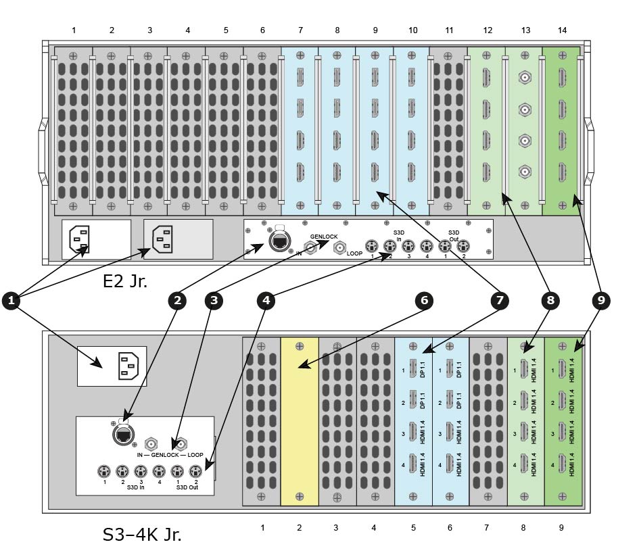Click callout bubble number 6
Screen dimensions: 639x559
424,301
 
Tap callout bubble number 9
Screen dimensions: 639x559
601,301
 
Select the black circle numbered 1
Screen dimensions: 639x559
11,301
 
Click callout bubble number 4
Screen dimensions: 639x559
266,301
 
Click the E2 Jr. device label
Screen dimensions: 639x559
124,281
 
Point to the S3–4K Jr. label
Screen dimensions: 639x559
142,534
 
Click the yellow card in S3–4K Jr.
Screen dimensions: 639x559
300,421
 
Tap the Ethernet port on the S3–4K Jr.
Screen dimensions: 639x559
124,435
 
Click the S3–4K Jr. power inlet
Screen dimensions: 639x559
128,366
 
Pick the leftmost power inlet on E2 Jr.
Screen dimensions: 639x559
79,239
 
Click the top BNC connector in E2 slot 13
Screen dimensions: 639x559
525,77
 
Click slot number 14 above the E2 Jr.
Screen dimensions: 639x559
563,30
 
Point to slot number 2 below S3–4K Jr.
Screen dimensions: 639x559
299,528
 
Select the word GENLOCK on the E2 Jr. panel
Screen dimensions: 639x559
324,237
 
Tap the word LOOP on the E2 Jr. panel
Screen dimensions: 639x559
354,253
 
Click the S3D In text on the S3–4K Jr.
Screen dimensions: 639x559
136,487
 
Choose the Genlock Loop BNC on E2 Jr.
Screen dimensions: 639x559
339,247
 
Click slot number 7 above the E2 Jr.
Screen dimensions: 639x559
301,30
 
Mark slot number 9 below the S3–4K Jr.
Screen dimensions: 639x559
561,528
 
